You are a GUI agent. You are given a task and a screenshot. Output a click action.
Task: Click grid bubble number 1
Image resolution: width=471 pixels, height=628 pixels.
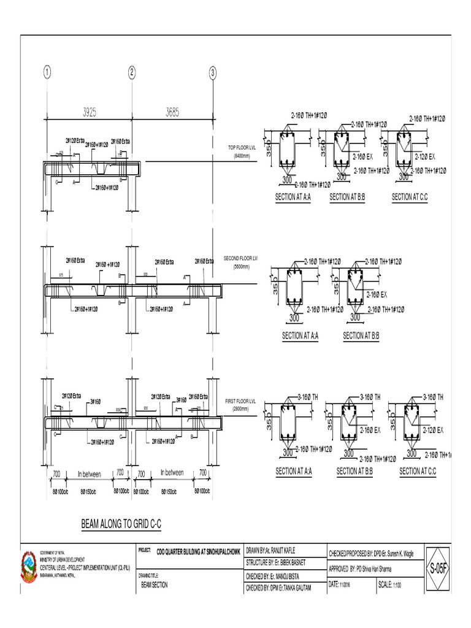coord(47,73)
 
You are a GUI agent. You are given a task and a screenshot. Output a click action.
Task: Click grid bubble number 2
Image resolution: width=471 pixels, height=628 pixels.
coord(131,73)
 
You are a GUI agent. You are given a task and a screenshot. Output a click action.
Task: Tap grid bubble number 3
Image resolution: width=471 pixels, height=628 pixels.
coord(213,73)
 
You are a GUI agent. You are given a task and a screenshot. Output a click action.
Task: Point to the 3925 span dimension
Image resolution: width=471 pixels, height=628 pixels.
coord(89,112)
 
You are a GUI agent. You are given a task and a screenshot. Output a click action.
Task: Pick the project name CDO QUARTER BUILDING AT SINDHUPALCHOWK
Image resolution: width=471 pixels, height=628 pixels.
coord(199,551)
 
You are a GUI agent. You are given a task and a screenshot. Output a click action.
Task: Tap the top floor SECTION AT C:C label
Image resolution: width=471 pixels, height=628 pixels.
coord(413,197)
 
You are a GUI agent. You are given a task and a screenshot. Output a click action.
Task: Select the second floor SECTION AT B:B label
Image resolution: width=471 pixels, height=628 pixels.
coord(361,335)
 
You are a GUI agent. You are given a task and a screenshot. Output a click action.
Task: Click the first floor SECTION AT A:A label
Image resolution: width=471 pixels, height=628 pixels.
coord(294,471)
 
